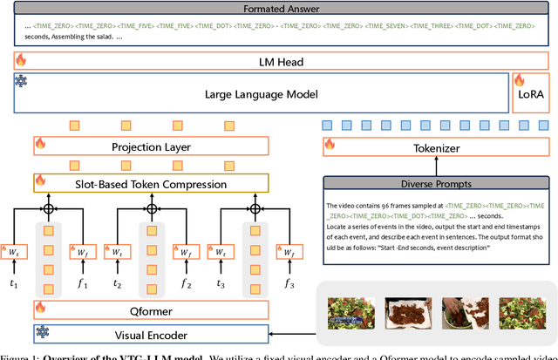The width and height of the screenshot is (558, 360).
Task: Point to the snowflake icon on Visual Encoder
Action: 40,329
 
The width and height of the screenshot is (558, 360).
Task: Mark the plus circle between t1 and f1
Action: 48,208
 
